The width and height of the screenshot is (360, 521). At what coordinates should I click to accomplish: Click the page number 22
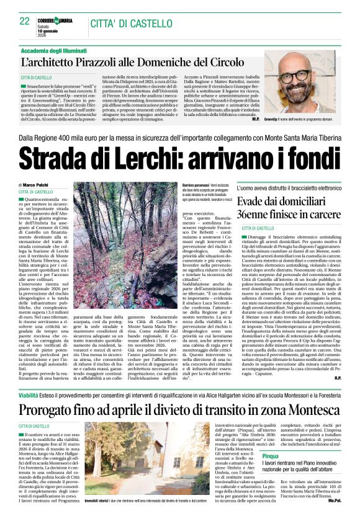click(24, 20)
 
